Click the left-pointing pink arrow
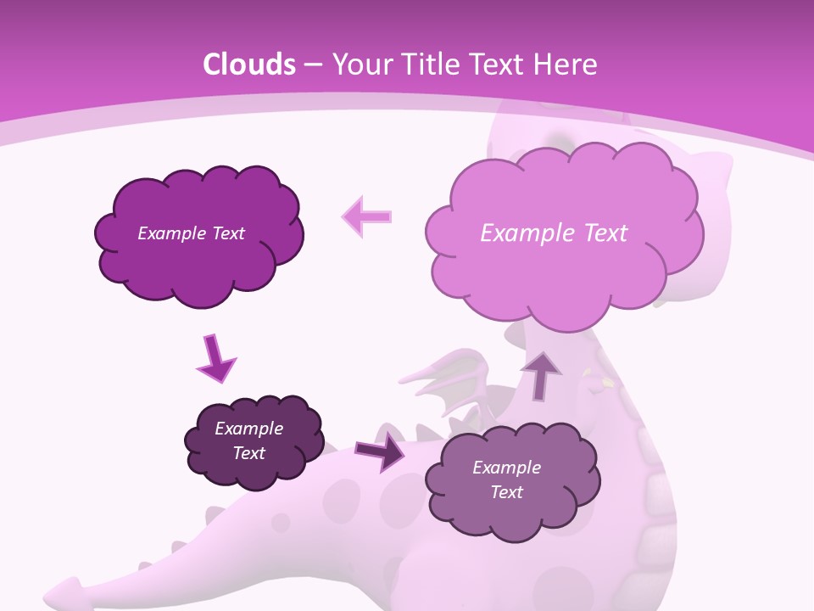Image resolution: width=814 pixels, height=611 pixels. tap(366, 217)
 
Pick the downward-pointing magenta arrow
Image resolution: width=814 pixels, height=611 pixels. tap(215, 358)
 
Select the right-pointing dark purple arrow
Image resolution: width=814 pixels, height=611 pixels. tap(380, 451)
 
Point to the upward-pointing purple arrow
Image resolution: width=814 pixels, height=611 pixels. tap(541, 374)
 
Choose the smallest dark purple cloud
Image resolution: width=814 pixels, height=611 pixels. tap(254, 441)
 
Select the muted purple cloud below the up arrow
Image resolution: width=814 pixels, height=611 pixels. tap(510, 479)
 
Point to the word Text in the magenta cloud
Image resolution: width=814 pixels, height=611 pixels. tap(228, 233)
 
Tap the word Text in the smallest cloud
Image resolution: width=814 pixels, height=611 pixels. tap(249, 453)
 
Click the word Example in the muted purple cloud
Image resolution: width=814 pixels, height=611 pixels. tap(506, 468)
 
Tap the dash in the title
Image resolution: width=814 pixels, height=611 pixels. tap(312, 64)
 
